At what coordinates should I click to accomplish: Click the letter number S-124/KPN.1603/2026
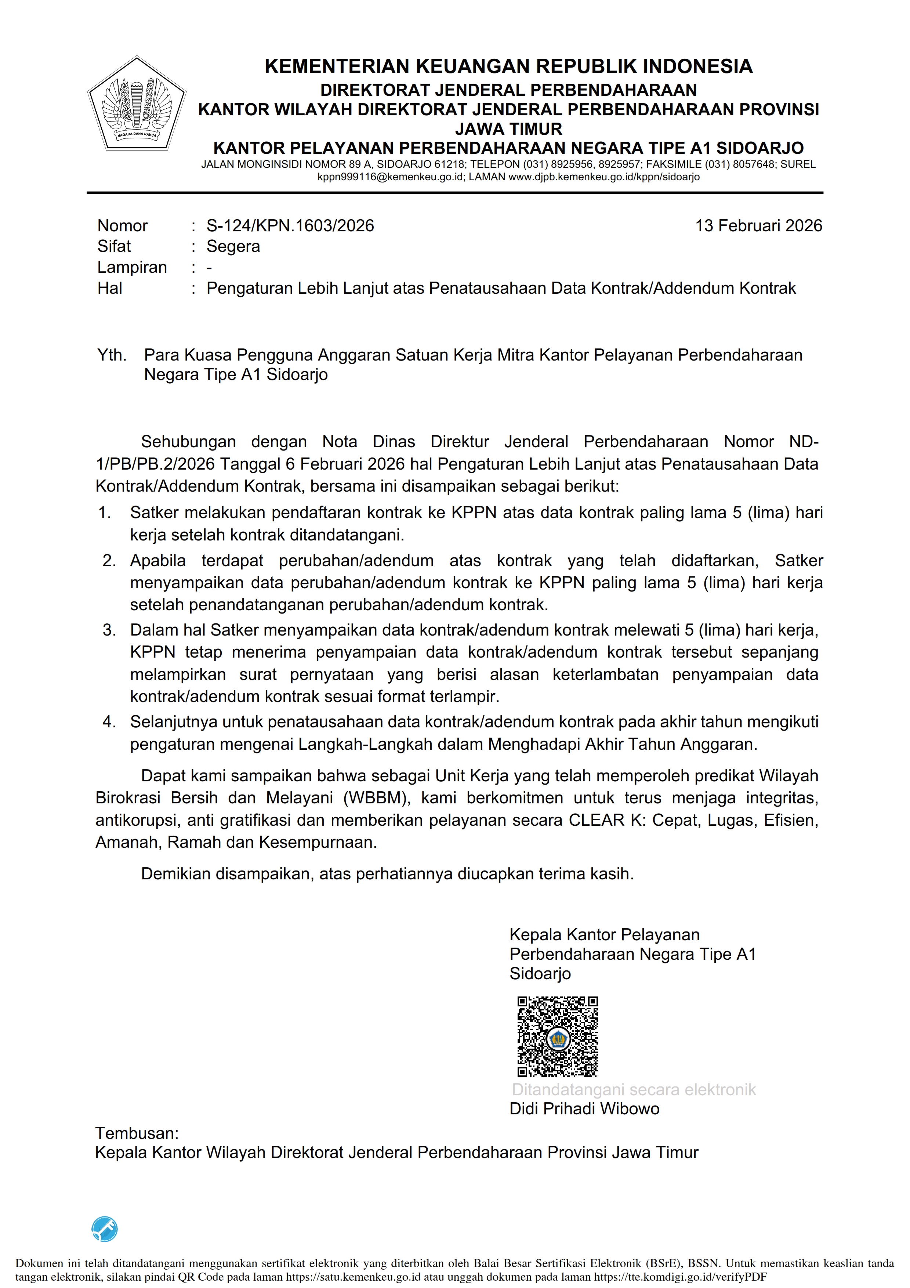pyautogui.click(x=290, y=225)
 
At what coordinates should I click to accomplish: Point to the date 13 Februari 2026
pyautogui.click(x=758, y=225)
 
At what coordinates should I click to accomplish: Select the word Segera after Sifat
pyautogui.click(x=233, y=246)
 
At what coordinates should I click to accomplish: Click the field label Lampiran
pyautogui.click(x=132, y=267)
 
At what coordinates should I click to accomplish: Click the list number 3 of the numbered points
pyautogui.click(x=108, y=630)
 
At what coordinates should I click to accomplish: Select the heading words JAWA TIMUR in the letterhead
pyautogui.click(x=508, y=129)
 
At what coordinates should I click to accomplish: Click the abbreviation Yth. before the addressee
pyautogui.click(x=112, y=355)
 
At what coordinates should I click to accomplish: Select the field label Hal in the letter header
pyautogui.click(x=110, y=288)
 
